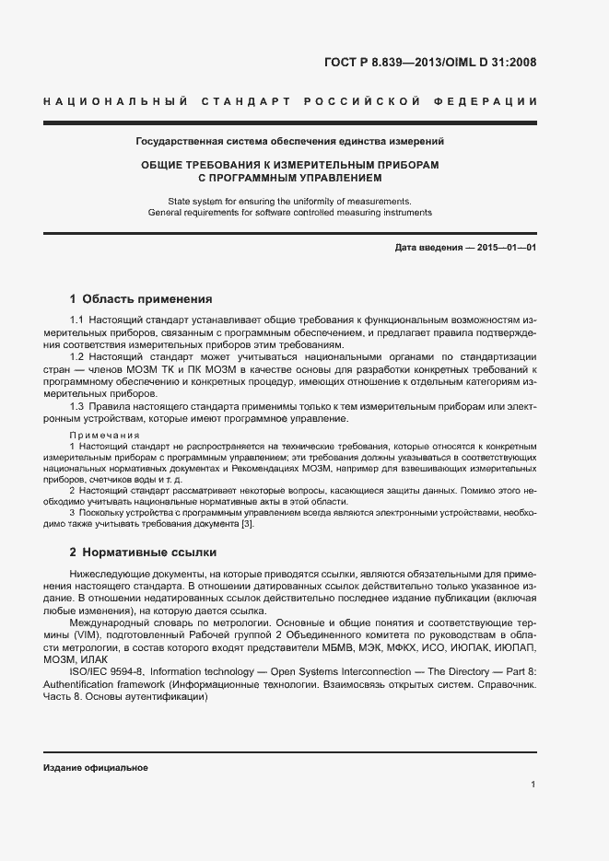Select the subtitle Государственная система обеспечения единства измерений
289,142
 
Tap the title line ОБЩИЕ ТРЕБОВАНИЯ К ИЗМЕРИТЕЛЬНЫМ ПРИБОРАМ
289,164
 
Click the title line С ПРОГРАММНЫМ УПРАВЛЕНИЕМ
289,177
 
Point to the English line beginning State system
289,201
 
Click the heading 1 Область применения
141,299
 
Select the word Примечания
105,435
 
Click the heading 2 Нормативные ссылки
143,553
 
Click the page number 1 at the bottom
533,784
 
